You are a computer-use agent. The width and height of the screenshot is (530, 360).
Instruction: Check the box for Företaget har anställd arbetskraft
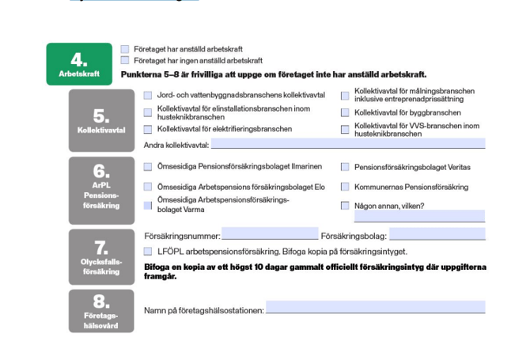tap(125, 50)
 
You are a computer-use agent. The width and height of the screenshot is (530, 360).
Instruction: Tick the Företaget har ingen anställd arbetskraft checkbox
tap(125, 60)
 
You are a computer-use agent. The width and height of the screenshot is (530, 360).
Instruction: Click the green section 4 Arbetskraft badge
tap(79, 64)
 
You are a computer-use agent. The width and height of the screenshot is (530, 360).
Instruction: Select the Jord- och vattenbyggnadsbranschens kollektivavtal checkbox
tap(148, 96)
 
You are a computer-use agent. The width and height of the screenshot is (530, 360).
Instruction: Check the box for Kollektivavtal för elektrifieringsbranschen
tap(148, 129)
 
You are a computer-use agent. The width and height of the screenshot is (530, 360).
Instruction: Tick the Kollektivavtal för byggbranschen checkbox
tap(345, 112)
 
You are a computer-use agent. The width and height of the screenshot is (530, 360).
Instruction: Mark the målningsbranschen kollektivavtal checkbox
tap(345, 96)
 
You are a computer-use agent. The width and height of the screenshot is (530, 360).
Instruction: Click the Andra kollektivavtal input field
tap(348, 144)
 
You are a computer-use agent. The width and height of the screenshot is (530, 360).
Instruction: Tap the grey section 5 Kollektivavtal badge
tap(101, 121)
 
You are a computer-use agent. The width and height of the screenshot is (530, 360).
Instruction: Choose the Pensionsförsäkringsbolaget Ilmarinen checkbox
tap(148, 167)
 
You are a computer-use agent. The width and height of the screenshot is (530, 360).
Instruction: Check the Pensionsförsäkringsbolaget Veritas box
tap(345, 167)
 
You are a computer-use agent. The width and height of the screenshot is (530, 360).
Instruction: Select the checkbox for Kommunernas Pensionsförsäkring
tap(345, 187)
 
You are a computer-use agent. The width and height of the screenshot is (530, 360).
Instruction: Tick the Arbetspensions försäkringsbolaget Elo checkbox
tap(148, 187)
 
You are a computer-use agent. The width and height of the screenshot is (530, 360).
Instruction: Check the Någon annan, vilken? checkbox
tap(345, 206)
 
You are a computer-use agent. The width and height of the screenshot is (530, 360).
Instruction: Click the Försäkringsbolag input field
tap(437, 234)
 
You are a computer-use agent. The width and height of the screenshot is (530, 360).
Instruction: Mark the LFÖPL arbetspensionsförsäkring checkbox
tap(148, 251)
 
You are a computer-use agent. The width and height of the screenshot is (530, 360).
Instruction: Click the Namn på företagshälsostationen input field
tap(375, 309)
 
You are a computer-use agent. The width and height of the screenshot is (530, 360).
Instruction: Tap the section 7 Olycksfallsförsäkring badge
tap(101, 256)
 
